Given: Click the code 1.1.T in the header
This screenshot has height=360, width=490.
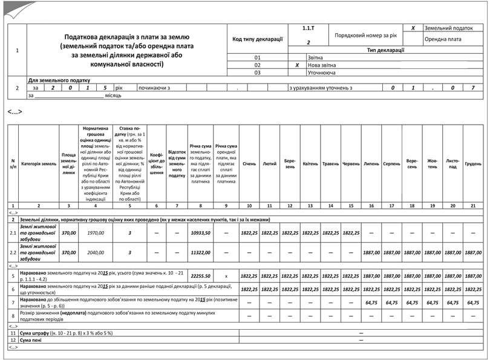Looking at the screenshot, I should point(308,28).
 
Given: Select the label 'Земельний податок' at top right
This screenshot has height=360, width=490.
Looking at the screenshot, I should point(448,28).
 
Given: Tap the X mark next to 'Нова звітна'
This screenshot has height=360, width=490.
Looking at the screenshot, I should point(296,65).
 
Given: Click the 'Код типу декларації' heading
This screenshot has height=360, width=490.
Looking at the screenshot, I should point(258,39).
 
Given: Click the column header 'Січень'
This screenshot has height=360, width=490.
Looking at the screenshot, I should point(249,164).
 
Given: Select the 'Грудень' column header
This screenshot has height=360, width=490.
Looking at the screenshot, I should point(473,164).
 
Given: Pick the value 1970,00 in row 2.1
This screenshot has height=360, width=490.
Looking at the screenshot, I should point(96,232).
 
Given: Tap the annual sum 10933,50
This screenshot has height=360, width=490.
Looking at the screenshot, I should point(200,232).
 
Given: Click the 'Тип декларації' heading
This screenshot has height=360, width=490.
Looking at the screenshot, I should point(386,50).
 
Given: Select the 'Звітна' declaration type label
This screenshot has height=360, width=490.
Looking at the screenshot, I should point(315,57).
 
